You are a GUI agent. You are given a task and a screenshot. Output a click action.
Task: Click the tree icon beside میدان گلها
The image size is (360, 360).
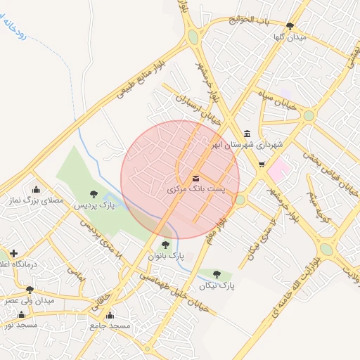[290, 26]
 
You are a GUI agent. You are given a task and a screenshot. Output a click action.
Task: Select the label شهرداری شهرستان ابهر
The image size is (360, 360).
[250, 145]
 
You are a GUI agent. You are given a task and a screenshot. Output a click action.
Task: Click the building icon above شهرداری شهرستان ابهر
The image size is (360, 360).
[247, 134]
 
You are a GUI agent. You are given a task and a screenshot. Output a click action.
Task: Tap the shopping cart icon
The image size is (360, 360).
[262, 165]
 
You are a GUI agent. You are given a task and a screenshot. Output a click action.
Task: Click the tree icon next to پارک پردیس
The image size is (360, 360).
[94, 193]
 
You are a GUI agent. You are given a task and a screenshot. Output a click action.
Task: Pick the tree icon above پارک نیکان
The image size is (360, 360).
[217, 274]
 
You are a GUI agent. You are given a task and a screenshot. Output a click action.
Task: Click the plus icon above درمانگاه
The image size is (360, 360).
[13, 252]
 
